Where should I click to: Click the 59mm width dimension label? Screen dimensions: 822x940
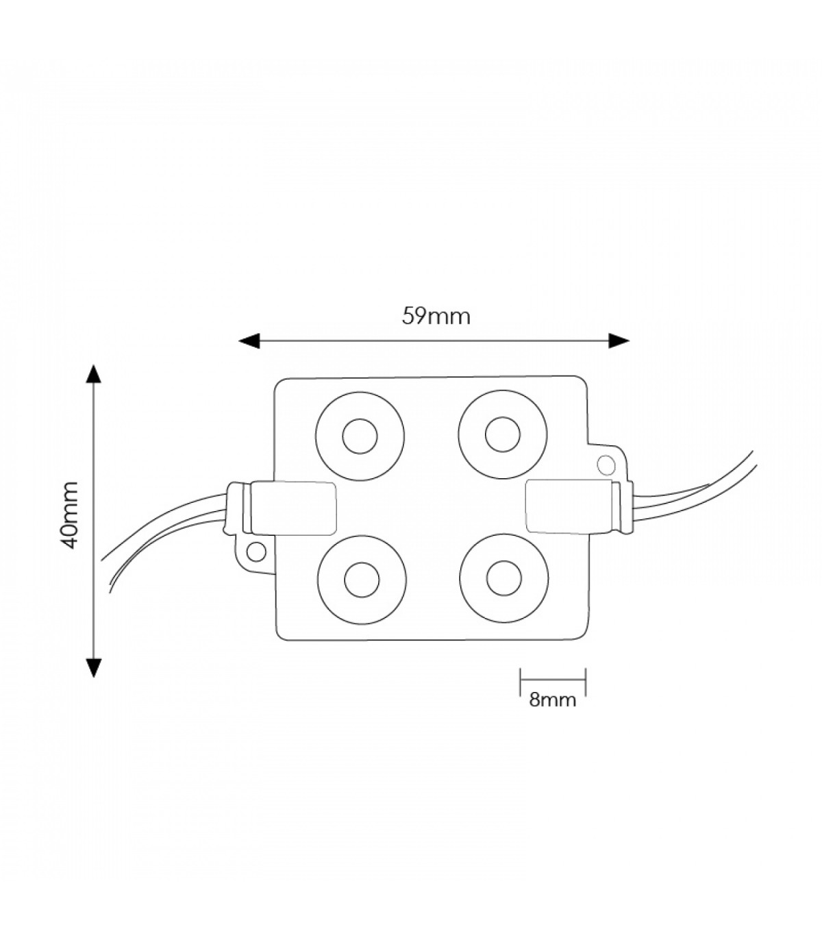pos(436,317)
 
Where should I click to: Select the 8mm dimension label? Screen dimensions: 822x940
pos(552,713)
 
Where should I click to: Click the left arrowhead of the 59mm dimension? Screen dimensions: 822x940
pos(249,341)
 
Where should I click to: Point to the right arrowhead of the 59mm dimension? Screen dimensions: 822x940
pos(619,341)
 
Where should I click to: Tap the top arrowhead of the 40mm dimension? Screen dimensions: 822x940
pos(94,375)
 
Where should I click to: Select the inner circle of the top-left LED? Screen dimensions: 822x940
pos(360,436)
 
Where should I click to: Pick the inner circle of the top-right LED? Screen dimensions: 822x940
pos(502,434)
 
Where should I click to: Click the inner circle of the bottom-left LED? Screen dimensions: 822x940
pos(362,580)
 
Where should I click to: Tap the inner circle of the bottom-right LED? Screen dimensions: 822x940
pos(503,578)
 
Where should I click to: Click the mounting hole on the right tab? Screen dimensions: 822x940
pos(606,465)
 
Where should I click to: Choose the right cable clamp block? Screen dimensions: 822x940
pos(569,506)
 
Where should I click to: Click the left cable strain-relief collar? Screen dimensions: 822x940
pos(238,507)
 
